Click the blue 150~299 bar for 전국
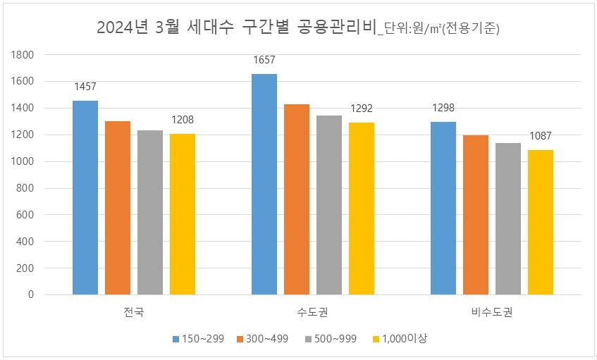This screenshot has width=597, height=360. (85, 198)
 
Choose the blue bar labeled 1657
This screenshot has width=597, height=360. (264, 184)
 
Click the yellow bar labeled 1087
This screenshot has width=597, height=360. (541, 222)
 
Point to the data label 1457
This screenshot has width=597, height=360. (85, 87)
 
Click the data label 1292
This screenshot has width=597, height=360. (362, 109)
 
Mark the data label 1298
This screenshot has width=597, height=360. (443, 108)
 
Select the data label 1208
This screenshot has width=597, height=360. (183, 120)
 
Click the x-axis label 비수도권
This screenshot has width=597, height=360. (491, 312)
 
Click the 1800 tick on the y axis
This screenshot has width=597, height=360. (24, 55)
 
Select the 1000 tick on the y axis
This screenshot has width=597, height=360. (24, 162)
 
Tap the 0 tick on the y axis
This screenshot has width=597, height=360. (31, 295)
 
